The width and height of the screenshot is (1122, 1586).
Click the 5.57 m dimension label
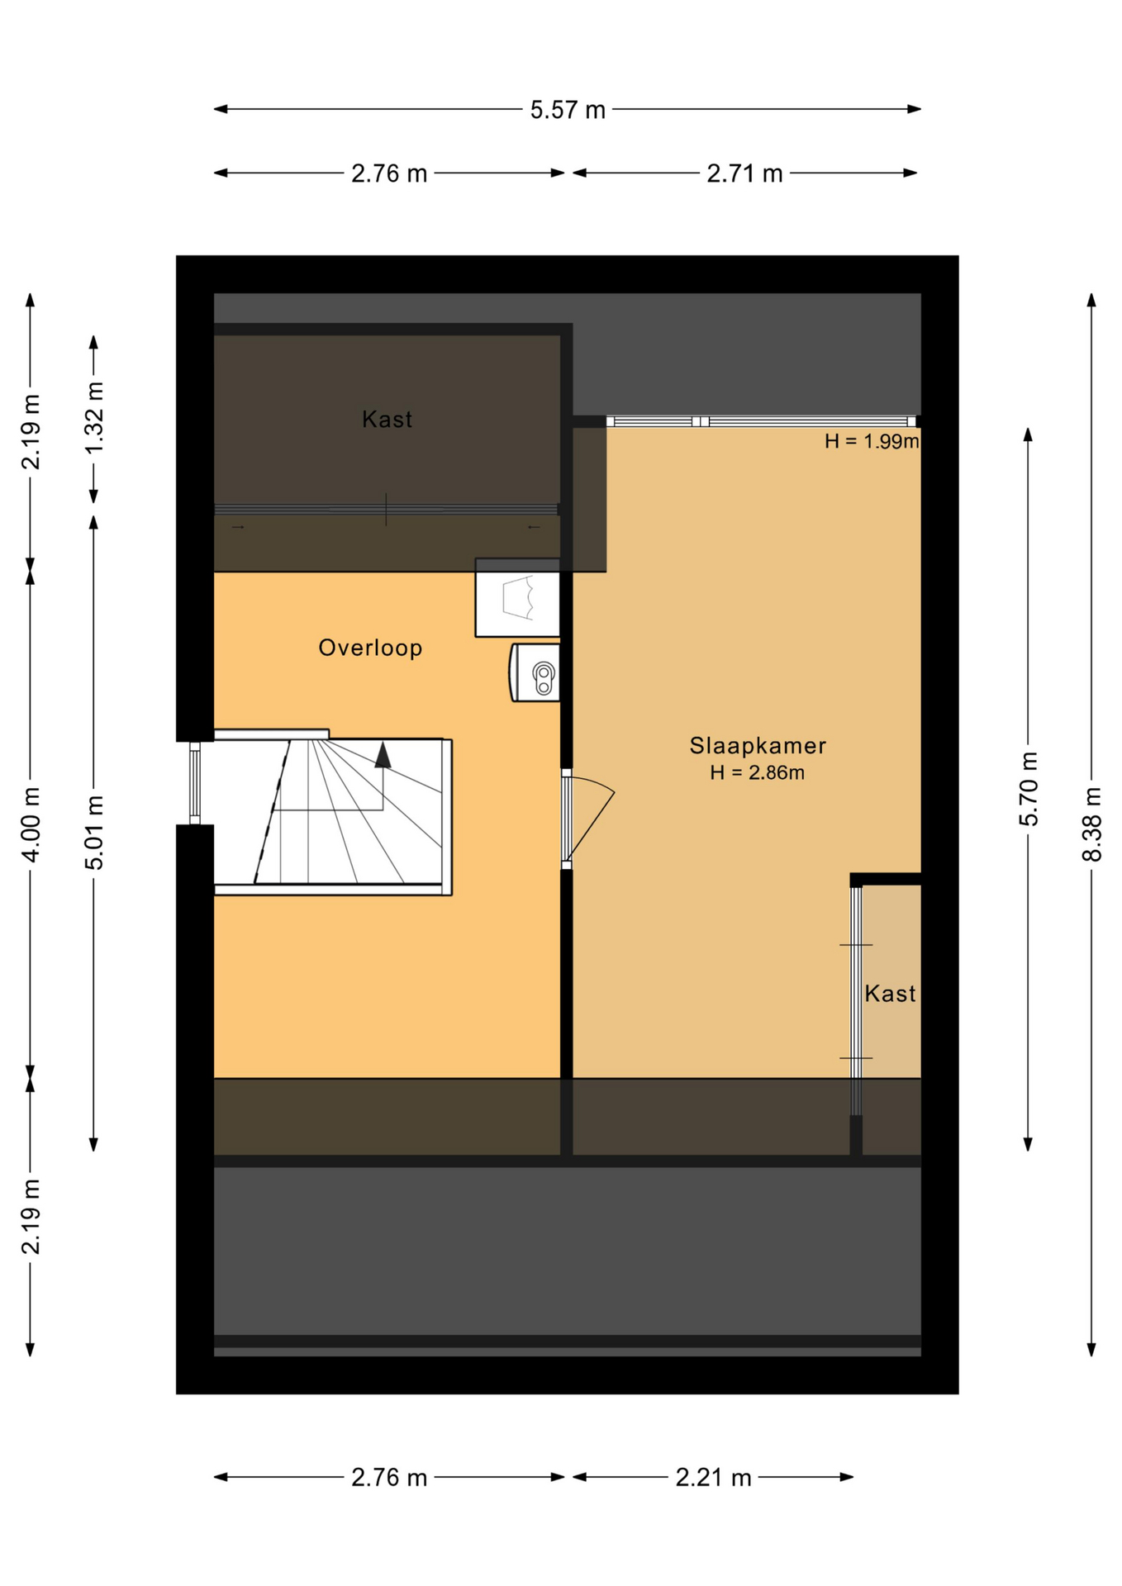[x=568, y=110]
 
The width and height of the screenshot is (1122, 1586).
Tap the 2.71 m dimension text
[x=744, y=173]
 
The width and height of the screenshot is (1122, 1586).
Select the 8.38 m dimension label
[x=1091, y=824]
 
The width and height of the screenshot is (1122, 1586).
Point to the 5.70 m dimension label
[x=1029, y=789]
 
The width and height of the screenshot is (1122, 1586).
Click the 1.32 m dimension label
[x=94, y=417]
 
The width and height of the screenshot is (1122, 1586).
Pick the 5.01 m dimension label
[x=94, y=832]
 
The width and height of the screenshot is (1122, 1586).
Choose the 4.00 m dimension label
[x=31, y=824]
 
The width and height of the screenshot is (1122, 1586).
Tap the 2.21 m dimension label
[x=713, y=1477]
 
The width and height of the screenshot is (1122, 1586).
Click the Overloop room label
[x=370, y=648]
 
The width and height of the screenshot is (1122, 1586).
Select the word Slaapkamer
[x=758, y=746]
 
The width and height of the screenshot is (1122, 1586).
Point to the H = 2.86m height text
[x=757, y=772]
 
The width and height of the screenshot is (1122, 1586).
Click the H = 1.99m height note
[x=872, y=441]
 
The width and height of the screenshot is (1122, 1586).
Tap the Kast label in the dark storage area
[x=387, y=420]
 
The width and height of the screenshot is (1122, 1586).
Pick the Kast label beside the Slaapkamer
[x=890, y=993]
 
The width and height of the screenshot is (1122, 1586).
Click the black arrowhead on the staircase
[x=383, y=755]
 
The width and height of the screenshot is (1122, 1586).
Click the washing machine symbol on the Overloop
[x=517, y=597]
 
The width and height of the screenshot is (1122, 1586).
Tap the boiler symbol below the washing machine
[x=535, y=672]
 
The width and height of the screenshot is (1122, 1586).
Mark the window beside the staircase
[x=195, y=783]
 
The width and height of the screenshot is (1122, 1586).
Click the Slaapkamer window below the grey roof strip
[x=761, y=421]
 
